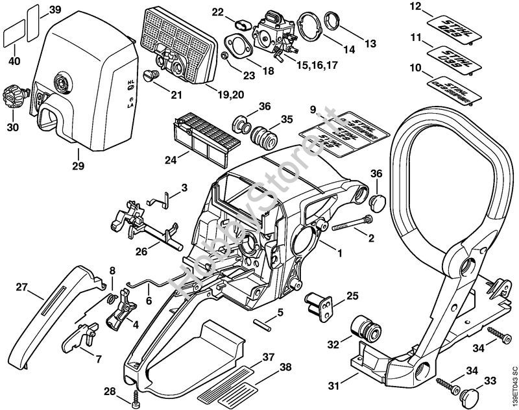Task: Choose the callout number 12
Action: [x=415, y=7]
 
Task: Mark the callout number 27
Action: [x=21, y=287]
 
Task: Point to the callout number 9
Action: [x=312, y=108]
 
